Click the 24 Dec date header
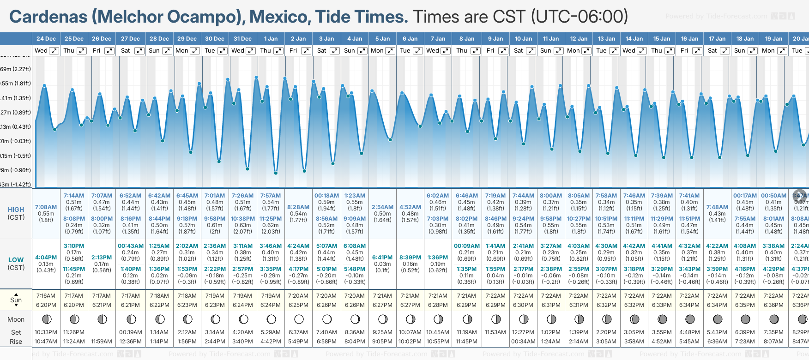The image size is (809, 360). pyautogui.click(x=46, y=39)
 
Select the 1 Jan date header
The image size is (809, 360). pyautogui.click(x=271, y=39)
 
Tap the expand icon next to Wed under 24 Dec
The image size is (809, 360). pyautogui.click(x=54, y=51)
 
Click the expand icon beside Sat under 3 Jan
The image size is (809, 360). pyautogui.click(x=335, y=51)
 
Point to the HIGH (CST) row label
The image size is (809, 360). pyautogui.click(x=16, y=213)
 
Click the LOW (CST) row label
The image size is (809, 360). pyautogui.click(x=16, y=264)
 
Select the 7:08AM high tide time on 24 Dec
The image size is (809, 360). pyautogui.click(x=46, y=207)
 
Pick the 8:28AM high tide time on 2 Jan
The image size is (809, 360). pyautogui.click(x=298, y=207)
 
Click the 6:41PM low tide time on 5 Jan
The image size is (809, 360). pyautogui.click(x=382, y=258)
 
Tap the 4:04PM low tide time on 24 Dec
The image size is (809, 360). pyautogui.click(x=46, y=258)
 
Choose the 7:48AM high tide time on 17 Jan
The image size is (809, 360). pyautogui.click(x=717, y=207)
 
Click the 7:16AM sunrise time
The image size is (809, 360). pyautogui.click(x=46, y=296)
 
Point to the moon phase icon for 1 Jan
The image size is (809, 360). pyautogui.click(x=271, y=319)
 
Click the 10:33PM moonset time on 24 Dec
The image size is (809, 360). pyautogui.click(x=46, y=332)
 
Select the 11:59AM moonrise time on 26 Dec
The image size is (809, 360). pyautogui.click(x=102, y=342)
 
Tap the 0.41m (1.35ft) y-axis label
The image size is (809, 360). pyautogui.click(x=16, y=98)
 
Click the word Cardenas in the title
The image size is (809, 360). pyautogui.click(x=48, y=17)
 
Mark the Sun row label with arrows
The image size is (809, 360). pyautogui.click(x=16, y=300)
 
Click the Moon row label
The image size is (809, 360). pyautogui.click(x=16, y=319)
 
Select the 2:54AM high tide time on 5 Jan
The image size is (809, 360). pyautogui.click(x=382, y=207)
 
